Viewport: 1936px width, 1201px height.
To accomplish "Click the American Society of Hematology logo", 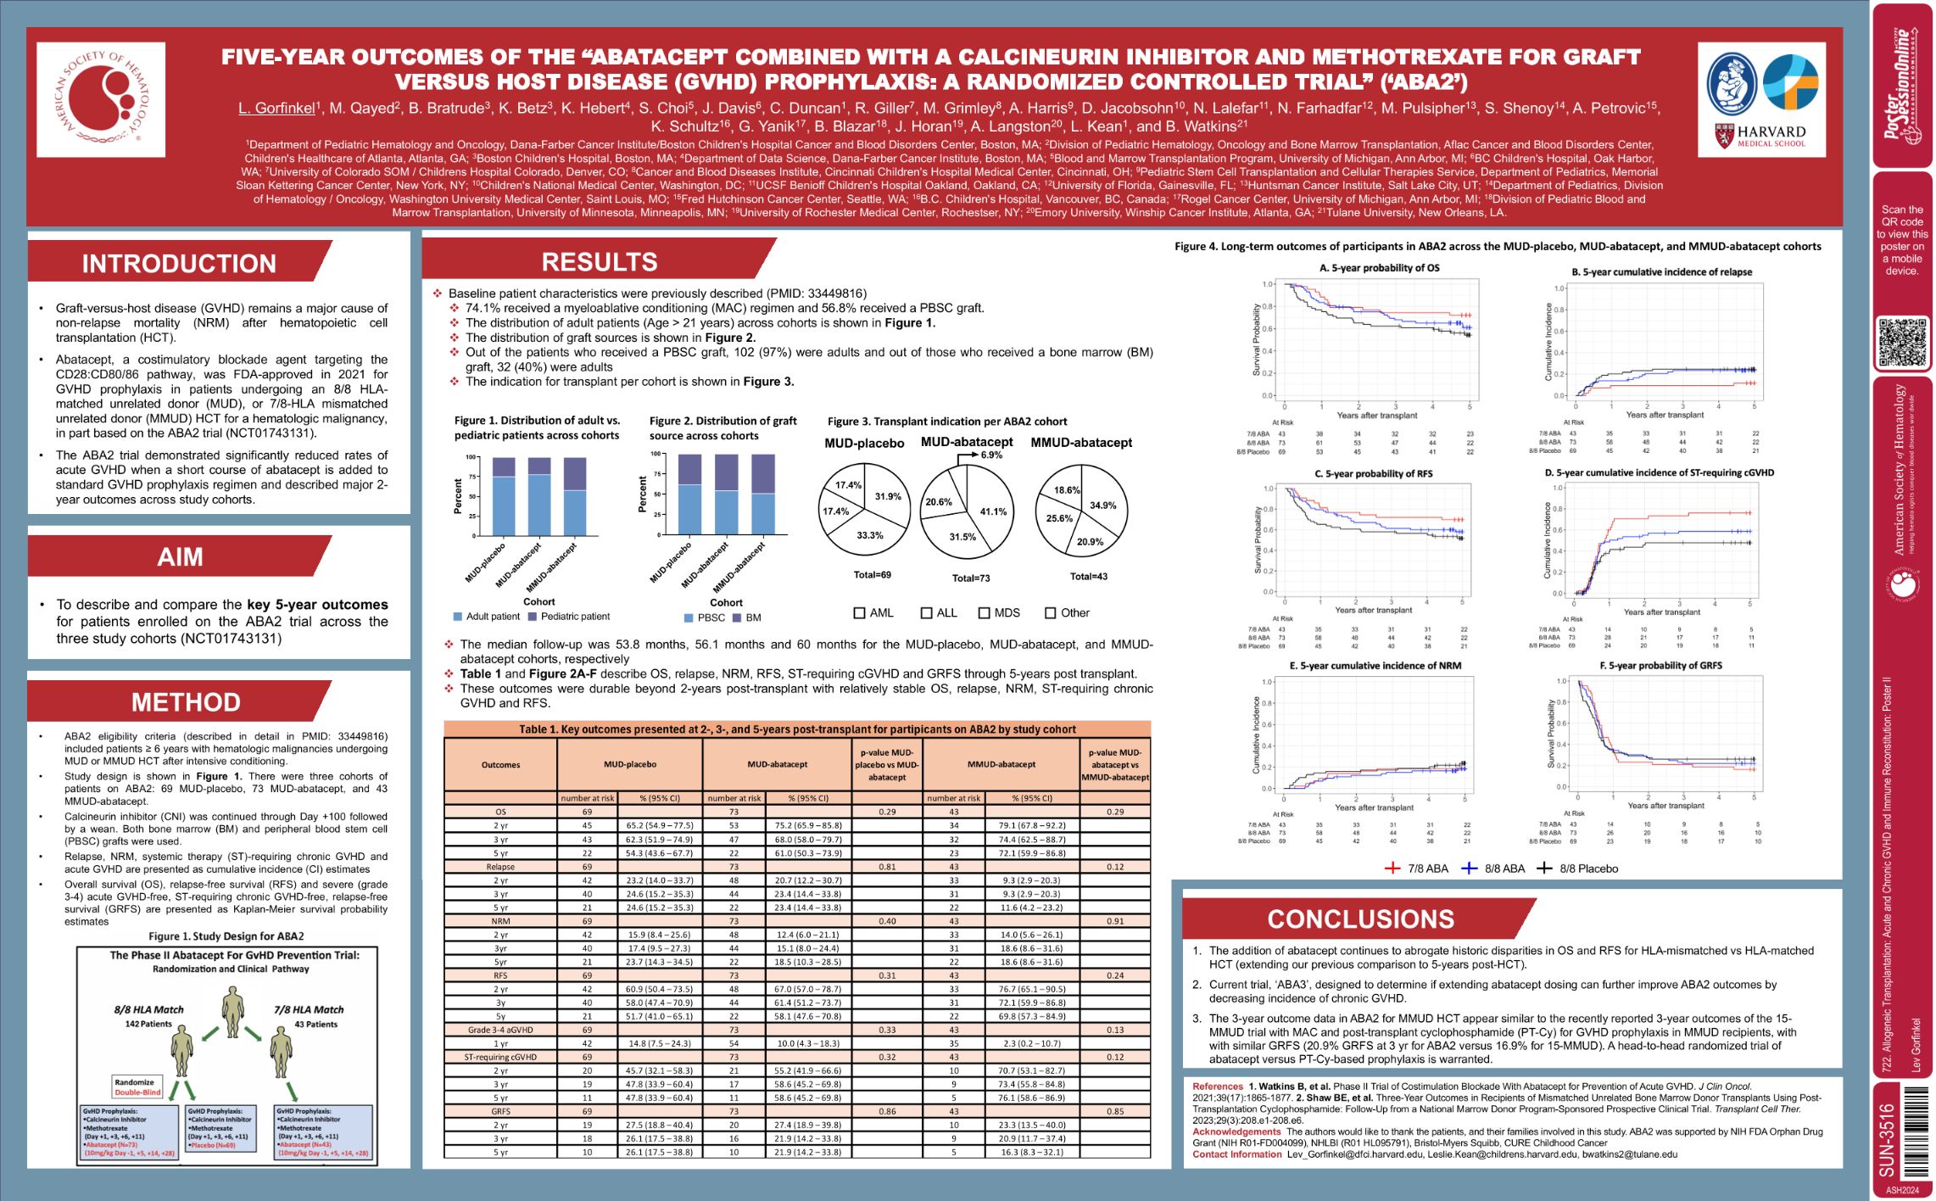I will [x=101, y=100].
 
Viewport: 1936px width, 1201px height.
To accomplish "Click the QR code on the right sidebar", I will [x=1901, y=342].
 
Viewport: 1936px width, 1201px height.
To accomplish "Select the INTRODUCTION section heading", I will [x=179, y=263].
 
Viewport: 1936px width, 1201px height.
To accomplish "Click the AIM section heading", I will [x=180, y=556].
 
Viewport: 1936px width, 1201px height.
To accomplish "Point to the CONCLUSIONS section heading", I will [x=1360, y=919].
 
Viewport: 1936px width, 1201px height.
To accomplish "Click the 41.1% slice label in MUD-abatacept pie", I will [x=992, y=511].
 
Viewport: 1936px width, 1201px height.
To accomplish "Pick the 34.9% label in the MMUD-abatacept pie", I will [x=1102, y=506].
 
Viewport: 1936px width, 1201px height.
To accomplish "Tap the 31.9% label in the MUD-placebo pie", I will [x=888, y=496].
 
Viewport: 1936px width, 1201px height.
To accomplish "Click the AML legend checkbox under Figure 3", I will [x=860, y=612].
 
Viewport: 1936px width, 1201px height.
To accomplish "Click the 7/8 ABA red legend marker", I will [x=1392, y=869].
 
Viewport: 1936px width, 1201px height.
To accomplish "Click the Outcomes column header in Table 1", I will [x=500, y=764].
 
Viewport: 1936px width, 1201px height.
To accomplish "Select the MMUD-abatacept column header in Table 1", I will [x=1001, y=764].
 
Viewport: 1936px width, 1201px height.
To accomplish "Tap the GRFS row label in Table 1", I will [x=500, y=1111].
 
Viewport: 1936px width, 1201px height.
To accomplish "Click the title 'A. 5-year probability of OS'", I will [x=1379, y=268].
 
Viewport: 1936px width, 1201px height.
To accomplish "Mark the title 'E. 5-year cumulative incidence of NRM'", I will [x=1375, y=666].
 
